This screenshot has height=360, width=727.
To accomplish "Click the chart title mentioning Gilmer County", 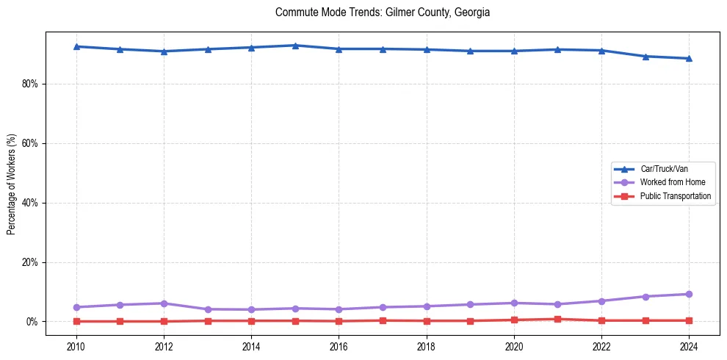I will click(x=382, y=12).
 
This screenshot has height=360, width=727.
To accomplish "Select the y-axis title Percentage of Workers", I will click(x=11, y=184).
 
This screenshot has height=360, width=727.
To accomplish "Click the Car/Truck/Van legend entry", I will click(x=664, y=169).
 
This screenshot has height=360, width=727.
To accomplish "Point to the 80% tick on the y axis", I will click(x=29, y=84).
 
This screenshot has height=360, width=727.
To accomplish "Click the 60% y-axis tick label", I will click(x=29, y=143).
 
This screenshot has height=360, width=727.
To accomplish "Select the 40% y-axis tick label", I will click(x=29, y=203).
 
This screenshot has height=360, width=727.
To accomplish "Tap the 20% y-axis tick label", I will click(x=29, y=262).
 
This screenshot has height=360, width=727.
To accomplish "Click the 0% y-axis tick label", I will click(x=32, y=322).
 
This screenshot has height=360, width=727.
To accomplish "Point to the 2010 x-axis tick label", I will click(x=76, y=345).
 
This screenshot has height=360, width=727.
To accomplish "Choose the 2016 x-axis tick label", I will click(x=339, y=345).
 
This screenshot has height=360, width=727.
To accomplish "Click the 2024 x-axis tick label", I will click(x=689, y=345).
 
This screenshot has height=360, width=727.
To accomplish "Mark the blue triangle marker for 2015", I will click(x=295, y=46).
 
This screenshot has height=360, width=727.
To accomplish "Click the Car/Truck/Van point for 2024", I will click(x=689, y=59).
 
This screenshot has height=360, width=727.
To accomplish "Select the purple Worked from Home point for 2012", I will click(x=164, y=303).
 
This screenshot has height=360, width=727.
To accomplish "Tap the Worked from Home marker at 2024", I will click(x=689, y=294).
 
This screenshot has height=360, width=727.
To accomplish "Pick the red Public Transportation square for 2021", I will click(x=557, y=319).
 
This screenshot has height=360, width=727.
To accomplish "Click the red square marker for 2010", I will click(x=76, y=321).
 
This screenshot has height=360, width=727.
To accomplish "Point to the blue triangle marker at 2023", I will click(x=645, y=57).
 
